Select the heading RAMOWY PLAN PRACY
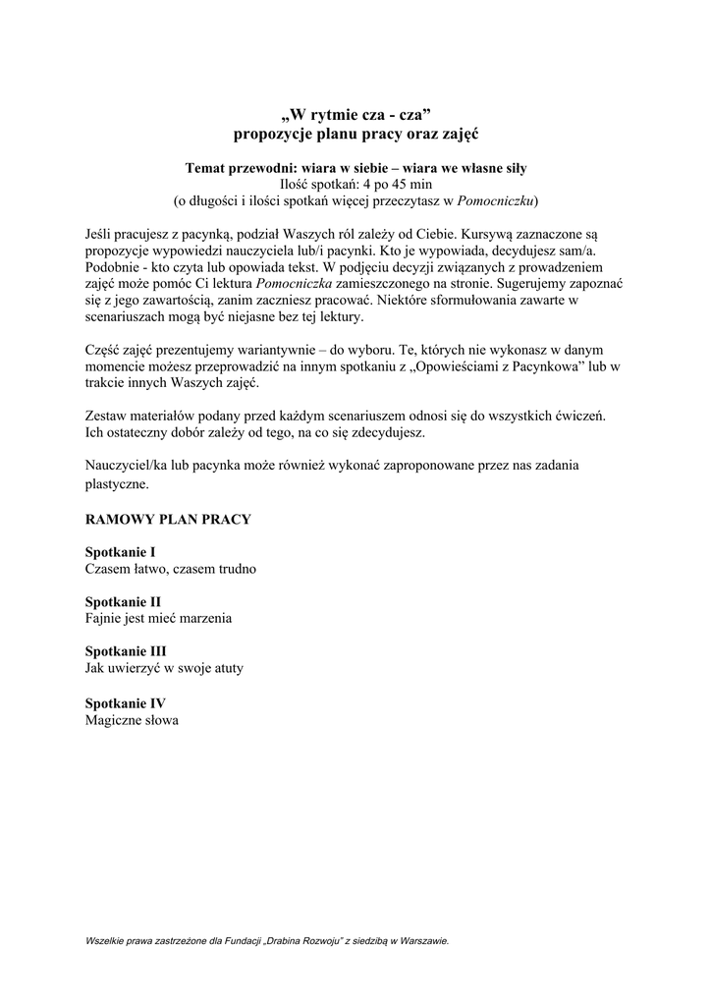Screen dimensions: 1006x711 (168, 519)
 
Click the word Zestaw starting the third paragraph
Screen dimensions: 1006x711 (107, 416)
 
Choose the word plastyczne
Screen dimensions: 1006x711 (118, 484)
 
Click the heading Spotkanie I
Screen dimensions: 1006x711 (121, 552)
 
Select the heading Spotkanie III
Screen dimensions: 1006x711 (126, 651)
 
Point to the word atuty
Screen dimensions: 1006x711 (224, 668)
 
